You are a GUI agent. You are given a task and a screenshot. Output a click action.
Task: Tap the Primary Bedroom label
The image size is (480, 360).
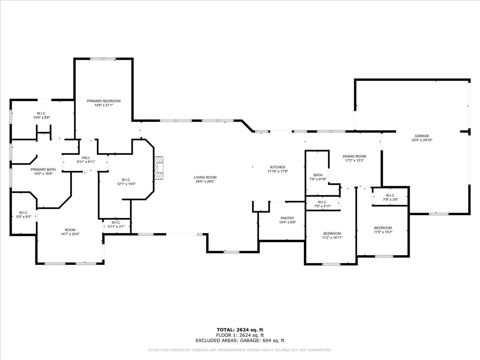(x=104, y=101)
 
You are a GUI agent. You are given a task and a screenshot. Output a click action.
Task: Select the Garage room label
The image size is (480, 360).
(x=422, y=136)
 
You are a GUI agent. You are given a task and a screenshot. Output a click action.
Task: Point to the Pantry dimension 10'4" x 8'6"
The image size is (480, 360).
(x=287, y=222)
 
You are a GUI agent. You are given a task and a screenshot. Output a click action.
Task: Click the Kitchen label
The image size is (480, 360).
(x=278, y=167)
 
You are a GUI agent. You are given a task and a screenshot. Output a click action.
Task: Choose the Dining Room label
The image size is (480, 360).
(x=354, y=156)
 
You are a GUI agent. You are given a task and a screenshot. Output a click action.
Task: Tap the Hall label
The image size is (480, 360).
(x=85, y=157)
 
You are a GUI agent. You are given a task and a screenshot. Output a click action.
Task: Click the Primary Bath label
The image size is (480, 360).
(x=41, y=169)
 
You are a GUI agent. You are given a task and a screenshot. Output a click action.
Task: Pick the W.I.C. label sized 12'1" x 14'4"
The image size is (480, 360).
(x=126, y=180)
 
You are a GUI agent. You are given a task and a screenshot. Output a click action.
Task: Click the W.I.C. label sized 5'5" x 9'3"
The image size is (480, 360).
(x=23, y=212)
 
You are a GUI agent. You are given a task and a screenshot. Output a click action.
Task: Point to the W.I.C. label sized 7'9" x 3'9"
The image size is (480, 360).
(x=390, y=195)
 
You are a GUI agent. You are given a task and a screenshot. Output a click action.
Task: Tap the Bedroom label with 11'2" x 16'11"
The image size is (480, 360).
(x=332, y=233)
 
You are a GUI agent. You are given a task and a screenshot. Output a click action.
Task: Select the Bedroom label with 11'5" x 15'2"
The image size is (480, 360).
(x=383, y=228)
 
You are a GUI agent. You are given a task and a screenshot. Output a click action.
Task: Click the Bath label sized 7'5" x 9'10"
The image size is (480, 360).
(x=318, y=175)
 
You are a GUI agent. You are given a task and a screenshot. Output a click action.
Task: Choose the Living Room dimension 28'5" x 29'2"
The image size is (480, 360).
(x=205, y=182)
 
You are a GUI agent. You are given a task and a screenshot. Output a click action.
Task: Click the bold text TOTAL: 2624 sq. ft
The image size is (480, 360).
(x=240, y=330)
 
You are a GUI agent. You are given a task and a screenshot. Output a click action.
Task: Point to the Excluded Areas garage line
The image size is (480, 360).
(x=240, y=341)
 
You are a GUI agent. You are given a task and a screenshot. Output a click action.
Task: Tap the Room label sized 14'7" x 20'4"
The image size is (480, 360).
(x=70, y=230)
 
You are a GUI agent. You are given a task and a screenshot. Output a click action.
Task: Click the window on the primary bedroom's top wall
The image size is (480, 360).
(x=103, y=59)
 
